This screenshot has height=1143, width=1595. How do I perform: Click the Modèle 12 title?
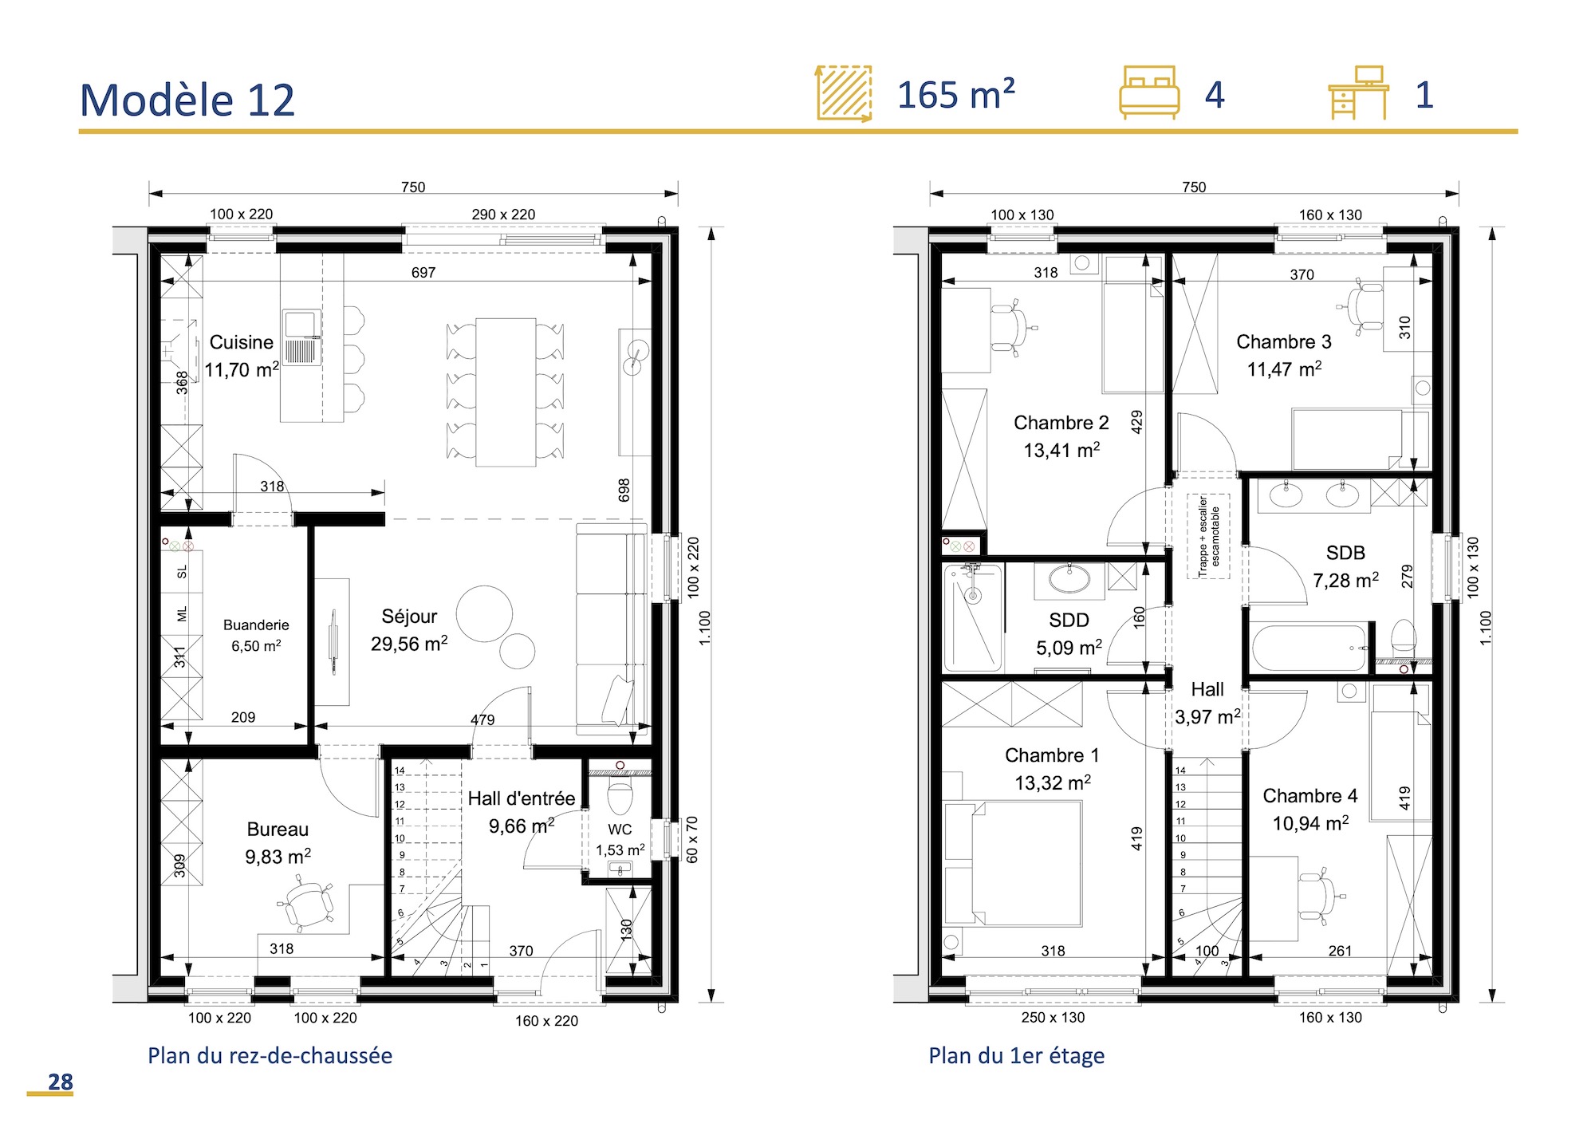(x=187, y=101)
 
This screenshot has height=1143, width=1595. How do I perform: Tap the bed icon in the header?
(x=1149, y=93)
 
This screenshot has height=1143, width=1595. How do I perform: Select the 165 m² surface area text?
(x=955, y=95)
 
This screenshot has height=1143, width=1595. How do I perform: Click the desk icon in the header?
(x=1358, y=93)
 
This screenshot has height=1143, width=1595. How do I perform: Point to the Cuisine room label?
(x=241, y=342)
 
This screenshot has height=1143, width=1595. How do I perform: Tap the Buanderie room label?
(x=256, y=625)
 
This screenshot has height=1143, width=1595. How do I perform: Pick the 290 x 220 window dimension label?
(x=503, y=215)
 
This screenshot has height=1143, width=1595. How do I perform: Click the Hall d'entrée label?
(x=521, y=798)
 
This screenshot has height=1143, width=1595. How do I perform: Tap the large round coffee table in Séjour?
(x=484, y=613)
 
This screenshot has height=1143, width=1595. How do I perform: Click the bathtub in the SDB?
(x=1309, y=648)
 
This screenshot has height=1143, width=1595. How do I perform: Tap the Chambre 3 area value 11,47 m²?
(x=1284, y=369)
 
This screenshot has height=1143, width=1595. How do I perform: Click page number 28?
(x=60, y=1082)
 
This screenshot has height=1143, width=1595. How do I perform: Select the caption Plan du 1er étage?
(x=1016, y=1055)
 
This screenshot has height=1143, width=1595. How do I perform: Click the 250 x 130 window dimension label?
(x=1053, y=1018)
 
